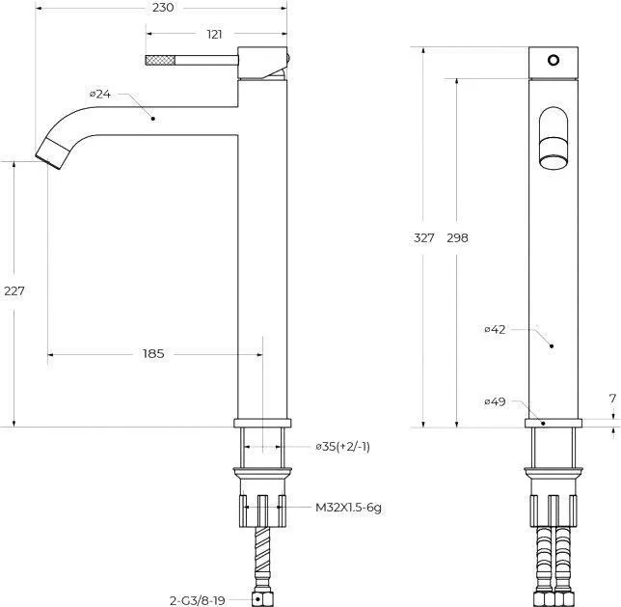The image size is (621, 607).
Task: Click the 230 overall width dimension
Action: coord(163,8)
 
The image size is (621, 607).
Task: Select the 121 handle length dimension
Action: coord(214,35)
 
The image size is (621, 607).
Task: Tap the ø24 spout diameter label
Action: coord(100,94)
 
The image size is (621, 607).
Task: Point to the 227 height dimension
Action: coord(14,291)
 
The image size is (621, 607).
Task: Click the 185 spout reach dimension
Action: coord(153,353)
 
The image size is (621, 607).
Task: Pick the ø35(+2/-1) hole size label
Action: coord(342,447)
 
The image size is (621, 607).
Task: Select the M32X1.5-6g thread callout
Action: coord(348,508)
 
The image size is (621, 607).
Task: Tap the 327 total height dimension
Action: coord(423,238)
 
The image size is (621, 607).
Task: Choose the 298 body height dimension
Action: coord(457,238)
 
